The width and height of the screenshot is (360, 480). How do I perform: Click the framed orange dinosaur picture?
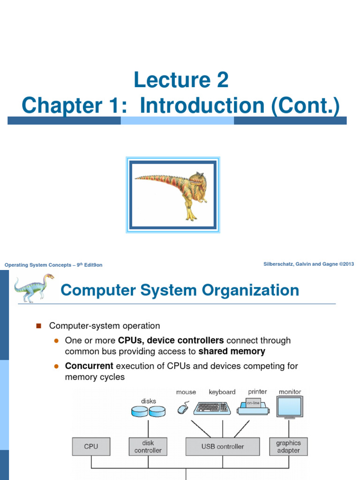173,195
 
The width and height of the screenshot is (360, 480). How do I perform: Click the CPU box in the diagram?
91,446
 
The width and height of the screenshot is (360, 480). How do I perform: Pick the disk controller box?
148,446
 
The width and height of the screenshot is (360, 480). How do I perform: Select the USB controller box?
222,446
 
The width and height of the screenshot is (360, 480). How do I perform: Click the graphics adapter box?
288,446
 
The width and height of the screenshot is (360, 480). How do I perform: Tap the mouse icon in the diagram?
182,409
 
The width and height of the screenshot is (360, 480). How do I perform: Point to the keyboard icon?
212,407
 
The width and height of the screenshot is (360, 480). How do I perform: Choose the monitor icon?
290,406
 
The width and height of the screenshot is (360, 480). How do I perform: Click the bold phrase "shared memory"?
232,351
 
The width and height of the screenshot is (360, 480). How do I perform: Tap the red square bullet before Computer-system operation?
39,326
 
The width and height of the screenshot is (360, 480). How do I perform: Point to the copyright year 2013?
348,264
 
